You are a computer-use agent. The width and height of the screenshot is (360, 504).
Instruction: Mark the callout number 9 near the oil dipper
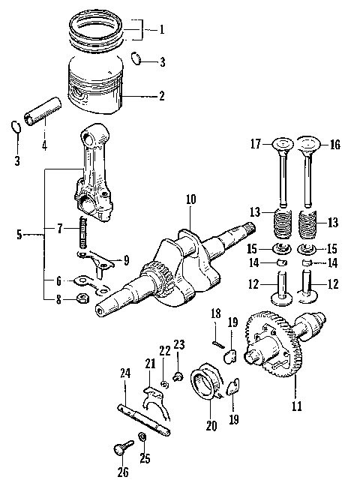(125, 261)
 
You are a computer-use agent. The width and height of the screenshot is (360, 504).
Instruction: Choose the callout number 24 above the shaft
(124, 372)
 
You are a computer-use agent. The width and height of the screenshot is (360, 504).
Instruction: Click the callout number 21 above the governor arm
(150, 364)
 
